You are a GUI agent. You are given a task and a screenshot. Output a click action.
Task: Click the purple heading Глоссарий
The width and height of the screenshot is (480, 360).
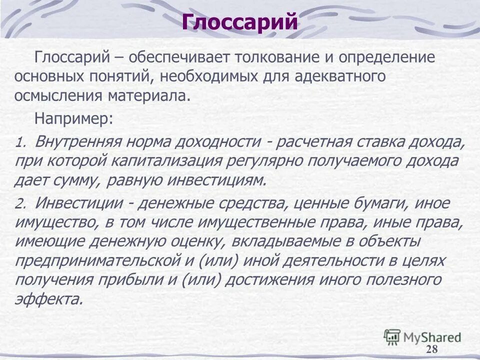(x=239, y=22)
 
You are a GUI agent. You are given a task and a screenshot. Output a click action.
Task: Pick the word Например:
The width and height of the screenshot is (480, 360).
(x=74, y=119)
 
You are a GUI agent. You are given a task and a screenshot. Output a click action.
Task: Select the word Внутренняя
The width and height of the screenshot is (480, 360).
(x=79, y=142)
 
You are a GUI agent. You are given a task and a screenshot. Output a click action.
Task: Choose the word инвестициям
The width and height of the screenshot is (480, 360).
(x=219, y=180)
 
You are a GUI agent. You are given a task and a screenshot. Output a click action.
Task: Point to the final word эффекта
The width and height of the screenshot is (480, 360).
(x=48, y=298)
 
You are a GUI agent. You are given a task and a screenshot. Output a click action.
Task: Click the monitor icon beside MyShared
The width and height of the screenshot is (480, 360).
(x=392, y=336)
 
